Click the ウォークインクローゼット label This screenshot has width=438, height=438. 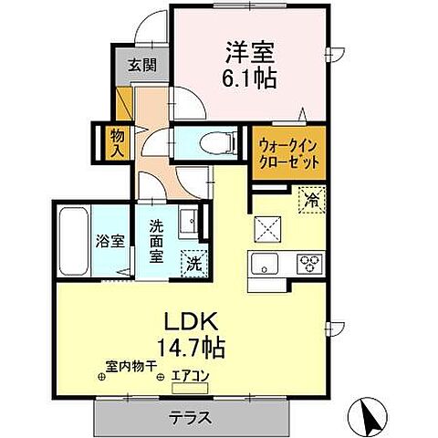[288, 151]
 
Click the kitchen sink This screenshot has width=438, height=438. [266, 266]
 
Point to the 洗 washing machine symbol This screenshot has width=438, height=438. [194, 263]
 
